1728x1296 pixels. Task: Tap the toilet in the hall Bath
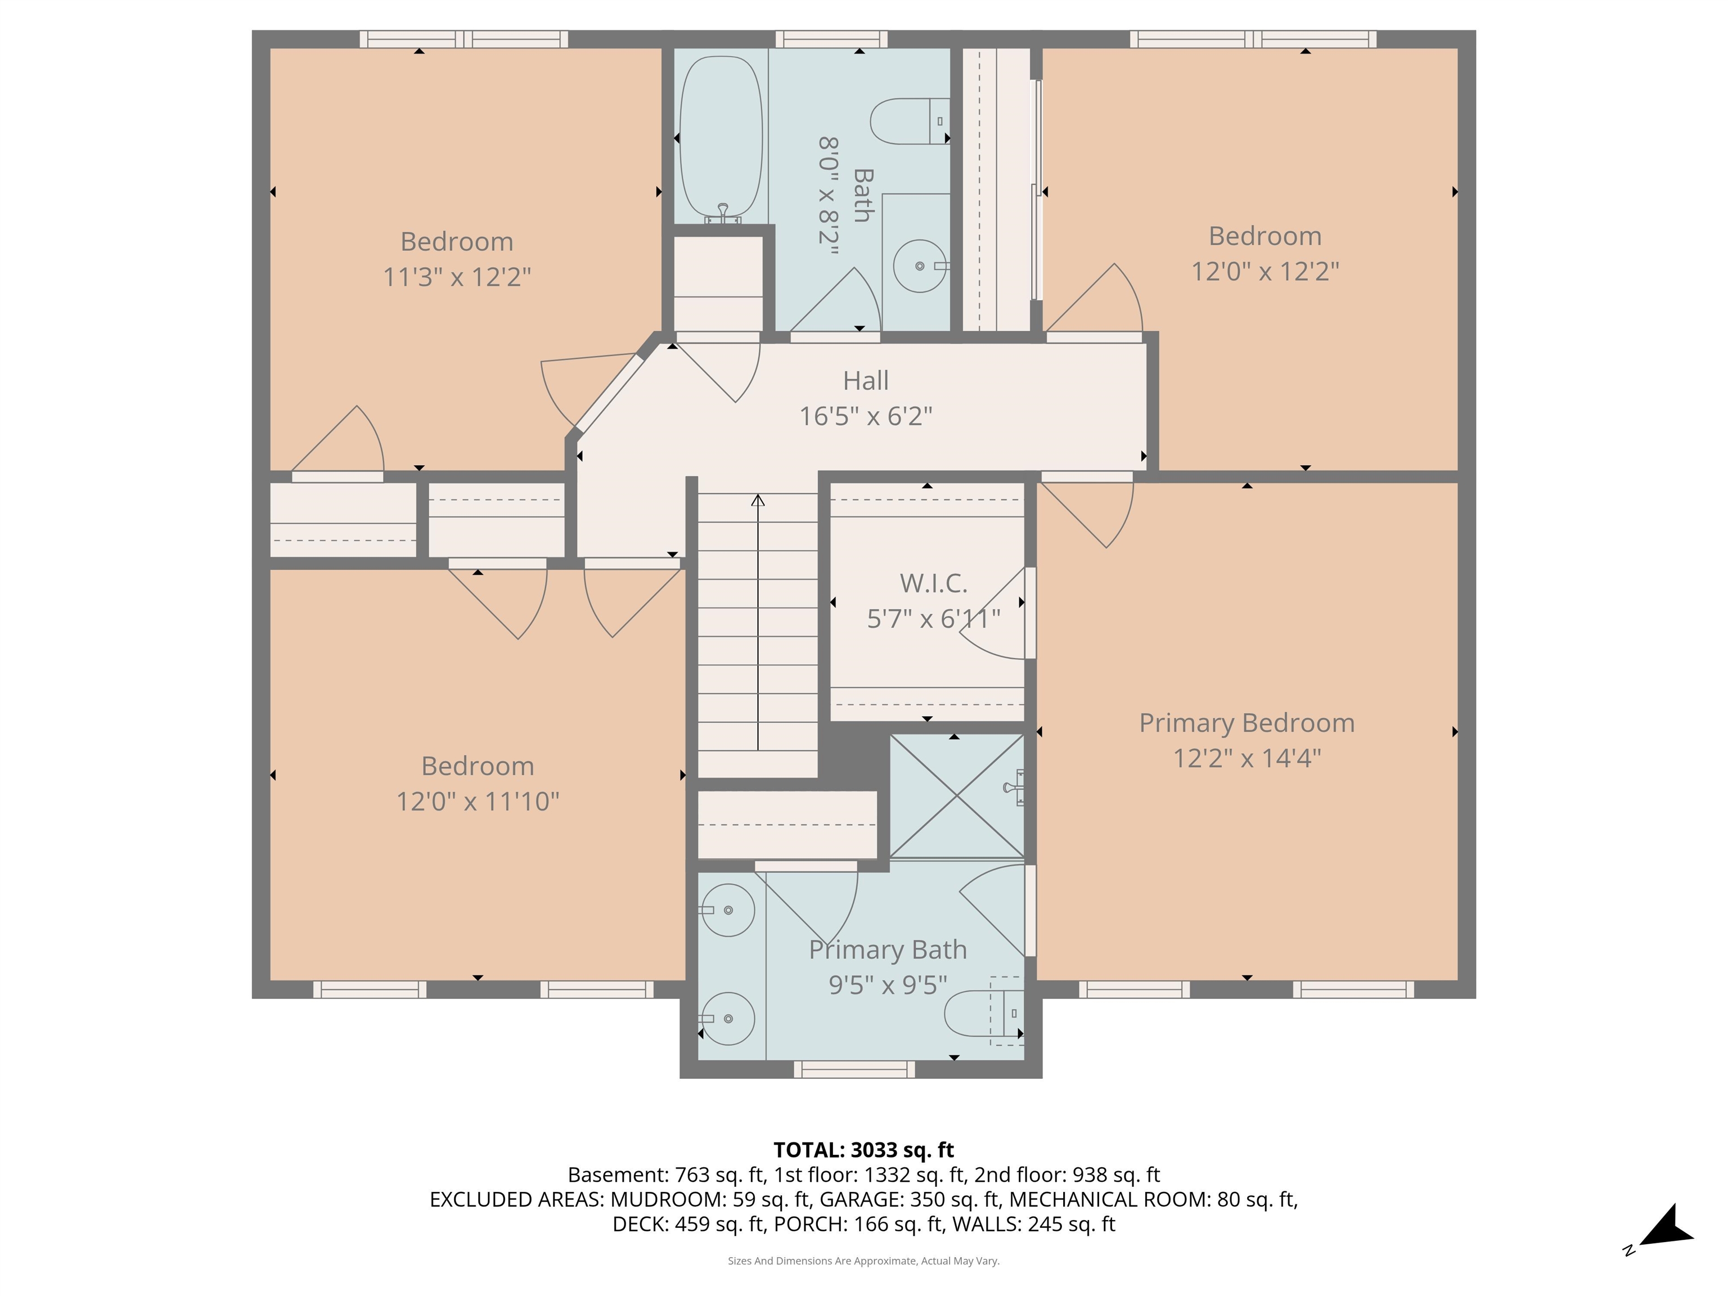906,121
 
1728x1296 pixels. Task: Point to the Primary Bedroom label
1246,723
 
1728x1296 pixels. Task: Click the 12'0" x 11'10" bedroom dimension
478,802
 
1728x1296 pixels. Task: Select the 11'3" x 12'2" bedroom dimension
457,277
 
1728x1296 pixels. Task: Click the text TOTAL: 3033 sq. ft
863,1150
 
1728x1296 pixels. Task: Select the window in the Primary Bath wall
854,1069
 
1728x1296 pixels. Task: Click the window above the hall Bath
831,39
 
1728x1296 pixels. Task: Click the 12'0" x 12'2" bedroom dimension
1264,272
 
